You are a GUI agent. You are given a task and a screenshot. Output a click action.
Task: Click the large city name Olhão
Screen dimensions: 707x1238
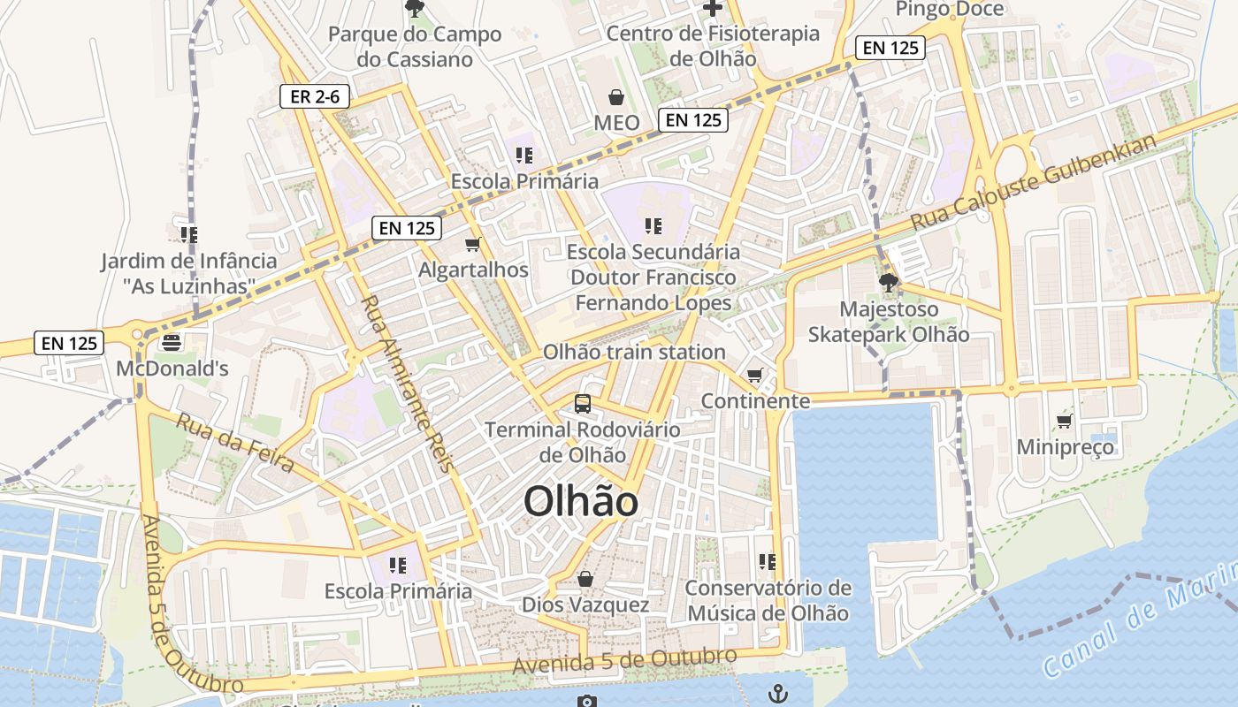581,502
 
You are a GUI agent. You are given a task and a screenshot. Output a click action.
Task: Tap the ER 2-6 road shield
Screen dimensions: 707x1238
315,96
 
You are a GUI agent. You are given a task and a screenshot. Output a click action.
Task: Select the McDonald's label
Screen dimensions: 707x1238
172,368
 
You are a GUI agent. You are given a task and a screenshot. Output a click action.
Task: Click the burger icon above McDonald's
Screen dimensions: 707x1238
172,343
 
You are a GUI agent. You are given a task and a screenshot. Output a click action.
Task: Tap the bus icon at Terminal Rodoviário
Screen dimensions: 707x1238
582,404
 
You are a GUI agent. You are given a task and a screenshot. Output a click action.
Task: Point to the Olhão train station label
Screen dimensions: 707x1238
634,352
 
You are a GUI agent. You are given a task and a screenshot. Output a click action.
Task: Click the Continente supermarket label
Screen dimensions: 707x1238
755,401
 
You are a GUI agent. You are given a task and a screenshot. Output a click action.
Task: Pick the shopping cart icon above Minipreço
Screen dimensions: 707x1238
1064,421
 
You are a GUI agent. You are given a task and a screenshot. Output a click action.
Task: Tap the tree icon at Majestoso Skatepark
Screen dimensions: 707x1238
889,284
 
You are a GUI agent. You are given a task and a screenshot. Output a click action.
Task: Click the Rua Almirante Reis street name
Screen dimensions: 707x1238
406,384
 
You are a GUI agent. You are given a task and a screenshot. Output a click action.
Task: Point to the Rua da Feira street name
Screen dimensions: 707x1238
234,443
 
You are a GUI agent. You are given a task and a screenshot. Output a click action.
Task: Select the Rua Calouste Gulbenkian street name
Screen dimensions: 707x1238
1034,183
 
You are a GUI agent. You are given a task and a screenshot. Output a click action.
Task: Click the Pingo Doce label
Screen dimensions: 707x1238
950,10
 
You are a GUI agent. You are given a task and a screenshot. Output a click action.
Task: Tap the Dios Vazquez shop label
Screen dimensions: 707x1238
585,605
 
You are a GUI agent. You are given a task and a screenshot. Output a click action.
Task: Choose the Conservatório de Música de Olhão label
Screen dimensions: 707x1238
768,600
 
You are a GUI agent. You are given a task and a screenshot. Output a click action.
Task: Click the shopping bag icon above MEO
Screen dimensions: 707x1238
615,96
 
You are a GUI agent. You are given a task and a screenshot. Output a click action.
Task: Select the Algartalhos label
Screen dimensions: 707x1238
474,270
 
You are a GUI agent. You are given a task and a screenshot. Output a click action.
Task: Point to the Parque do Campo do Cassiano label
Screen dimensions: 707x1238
415,47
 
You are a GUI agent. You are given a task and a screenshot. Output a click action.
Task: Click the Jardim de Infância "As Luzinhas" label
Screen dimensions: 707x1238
188,273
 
